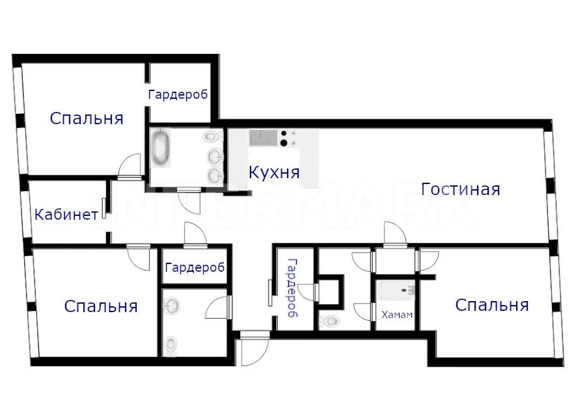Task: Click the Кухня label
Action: point(274,172)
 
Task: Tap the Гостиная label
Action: point(460,189)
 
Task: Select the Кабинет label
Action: point(66,215)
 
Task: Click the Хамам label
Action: point(397,315)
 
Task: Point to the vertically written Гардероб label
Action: point(293,287)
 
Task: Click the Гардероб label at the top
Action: point(178,95)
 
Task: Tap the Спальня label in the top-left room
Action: point(87,118)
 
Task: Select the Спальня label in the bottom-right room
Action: point(492,305)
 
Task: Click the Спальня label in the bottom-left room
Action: point(101,306)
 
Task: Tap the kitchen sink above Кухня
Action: point(264,138)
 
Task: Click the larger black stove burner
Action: point(284,143)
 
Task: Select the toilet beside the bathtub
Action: point(213,137)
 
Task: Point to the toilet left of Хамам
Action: point(329,322)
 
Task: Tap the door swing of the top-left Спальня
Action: point(130,166)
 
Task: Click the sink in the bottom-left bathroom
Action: point(171,304)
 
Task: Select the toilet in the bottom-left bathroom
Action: point(171,345)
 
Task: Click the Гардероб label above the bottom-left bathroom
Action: point(195,267)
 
